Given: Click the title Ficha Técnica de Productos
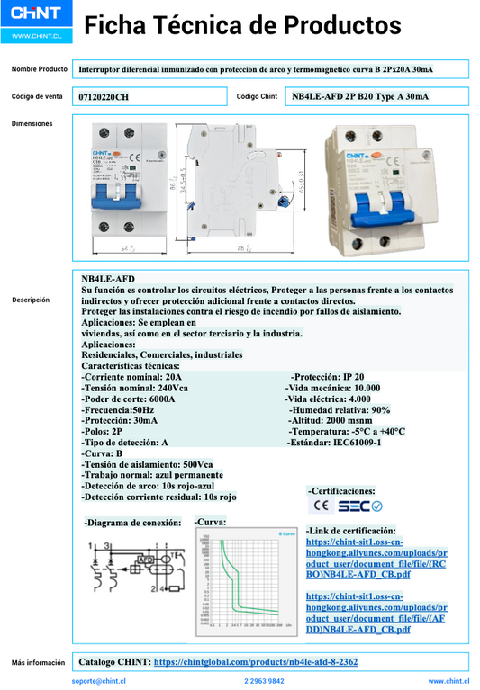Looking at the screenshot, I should [242, 24].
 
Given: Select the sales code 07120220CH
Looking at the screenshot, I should [104, 96].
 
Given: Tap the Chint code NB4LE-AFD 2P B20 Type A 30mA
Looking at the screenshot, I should [360, 96].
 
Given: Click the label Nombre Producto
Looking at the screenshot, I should [39, 69].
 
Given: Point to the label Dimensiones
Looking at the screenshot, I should [32, 123].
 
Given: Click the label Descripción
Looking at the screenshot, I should [32, 300].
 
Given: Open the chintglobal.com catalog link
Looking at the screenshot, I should [256, 661].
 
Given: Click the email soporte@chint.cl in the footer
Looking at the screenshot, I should [99, 682].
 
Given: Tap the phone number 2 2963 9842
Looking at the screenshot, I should [264, 682].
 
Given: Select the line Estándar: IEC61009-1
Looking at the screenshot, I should [333, 443].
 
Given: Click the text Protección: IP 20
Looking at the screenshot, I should [327, 377].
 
